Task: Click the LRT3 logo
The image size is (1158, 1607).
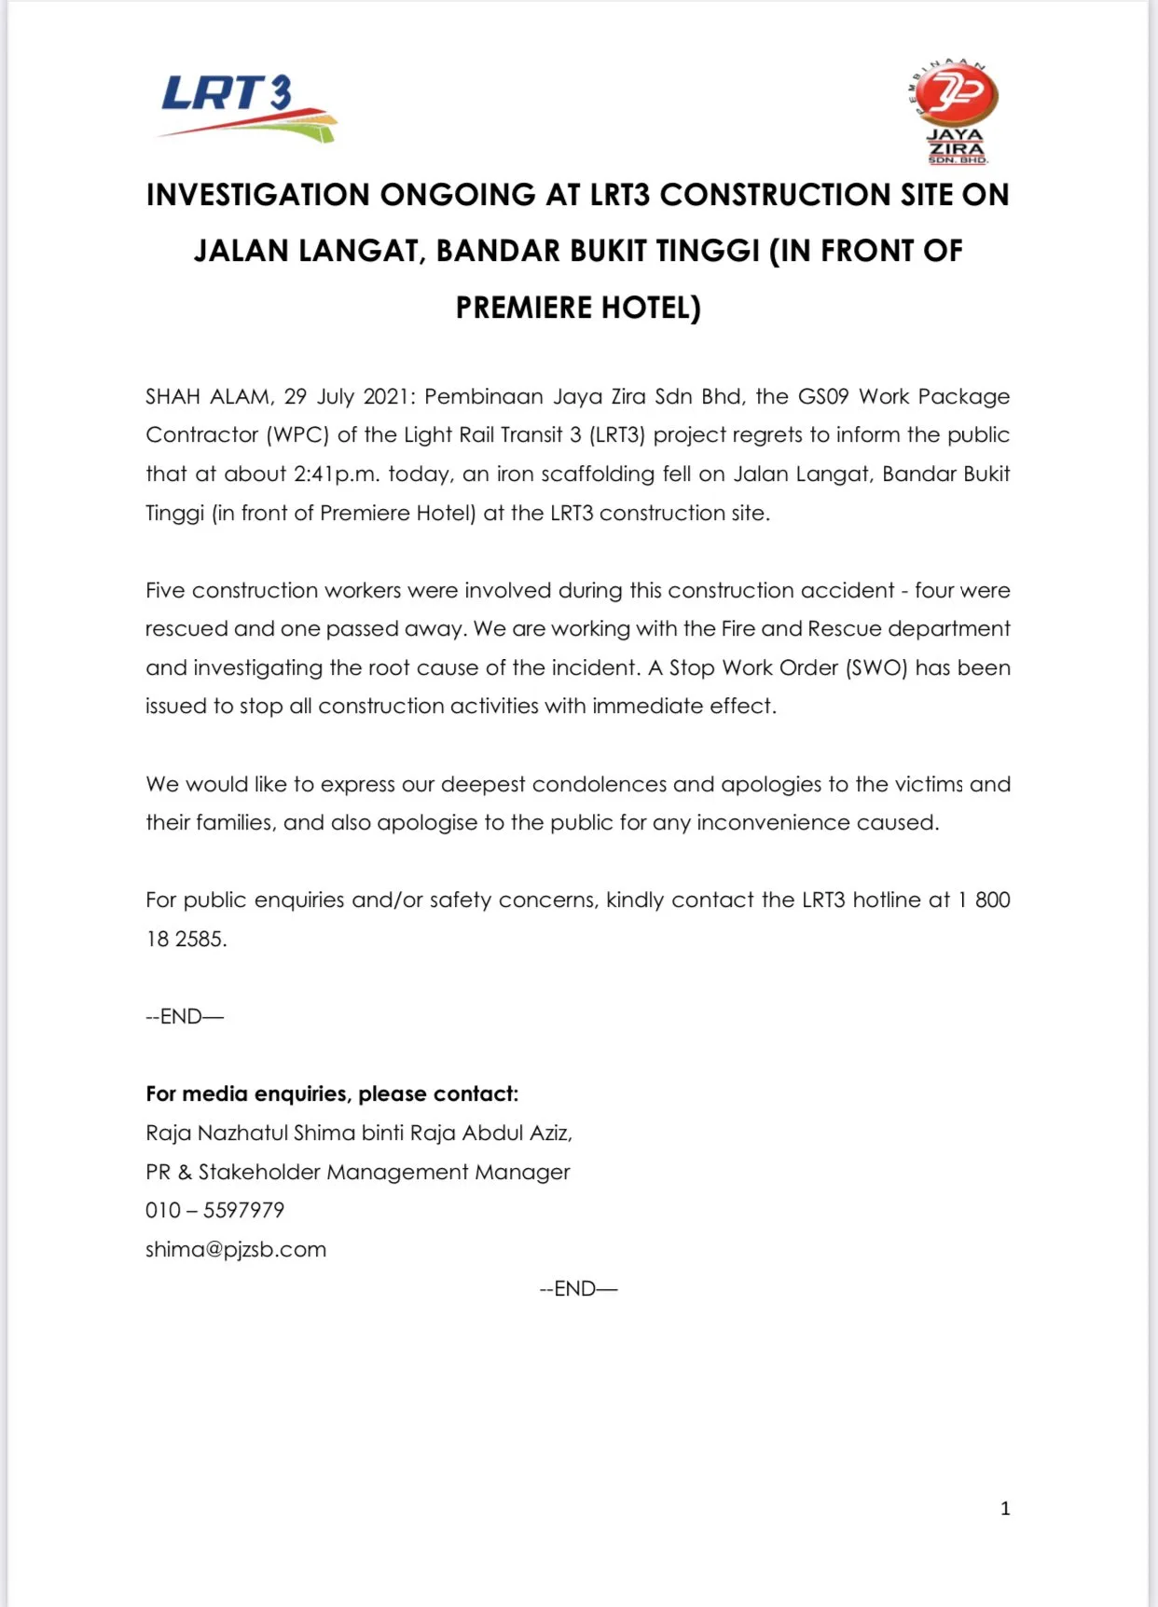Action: coord(247,107)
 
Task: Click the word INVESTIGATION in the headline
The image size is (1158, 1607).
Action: coord(258,195)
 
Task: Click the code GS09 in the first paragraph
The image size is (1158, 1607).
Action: coord(823,396)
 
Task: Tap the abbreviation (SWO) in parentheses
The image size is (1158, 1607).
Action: coord(876,667)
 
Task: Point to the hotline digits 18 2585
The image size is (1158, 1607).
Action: coord(186,939)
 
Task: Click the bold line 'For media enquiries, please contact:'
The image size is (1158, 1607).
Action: coord(332,1093)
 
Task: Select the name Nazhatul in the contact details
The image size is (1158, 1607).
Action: coord(242,1133)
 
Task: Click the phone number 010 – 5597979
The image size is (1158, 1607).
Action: coord(214,1210)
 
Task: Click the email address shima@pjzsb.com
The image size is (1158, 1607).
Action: coord(236,1249)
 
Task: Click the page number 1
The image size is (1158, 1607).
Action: coord(1005,1508)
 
